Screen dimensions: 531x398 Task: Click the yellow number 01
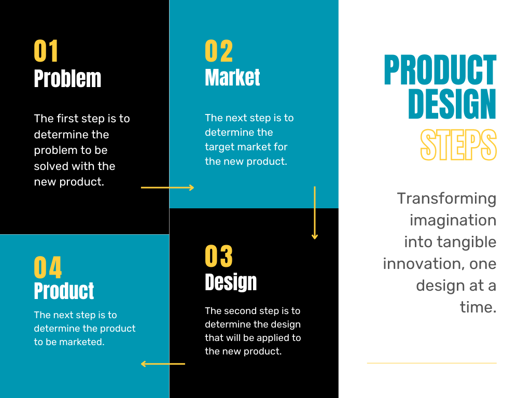pyautogui.click(x=46, y=51)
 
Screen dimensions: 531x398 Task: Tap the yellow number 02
pyautogui.click(x=219, y=51)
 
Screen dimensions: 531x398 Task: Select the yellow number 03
pyautogui.click(x=219, y=256)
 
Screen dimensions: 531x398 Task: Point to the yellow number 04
pyautogui.click(x=48, y=267)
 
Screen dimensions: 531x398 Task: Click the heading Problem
pyautogui.click(x=67, y=79)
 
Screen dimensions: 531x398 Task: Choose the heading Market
pyautogui.click(x=232, y=78)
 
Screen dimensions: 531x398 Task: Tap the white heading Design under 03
pyautogui.click(x=231, y=282)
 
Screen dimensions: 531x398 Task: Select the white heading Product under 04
pyautogui.click(x=64, y=291)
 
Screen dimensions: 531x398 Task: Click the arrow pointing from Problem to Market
pyautogui.click(x=167, y=188)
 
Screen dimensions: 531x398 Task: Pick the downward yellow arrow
pyautogui.click(x=315, y=213)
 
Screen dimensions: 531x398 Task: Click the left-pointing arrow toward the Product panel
pyautogui.click(x=163, y=364)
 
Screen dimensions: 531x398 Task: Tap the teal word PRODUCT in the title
pyautogui.click(x=440, y=70)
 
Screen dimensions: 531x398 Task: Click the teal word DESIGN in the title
pyautogui.click(x=452, y=104)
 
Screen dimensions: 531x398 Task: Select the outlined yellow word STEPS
pyautogui.click(x=458, y=145)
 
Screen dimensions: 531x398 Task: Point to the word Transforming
pyautogui.click(x=446, y=198)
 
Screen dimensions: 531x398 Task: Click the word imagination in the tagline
pyautogui.click(x=453, y=220)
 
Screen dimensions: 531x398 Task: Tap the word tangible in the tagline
pyautogui.click(x=467, y=242)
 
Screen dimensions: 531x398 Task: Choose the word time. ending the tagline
pyautogui.click(x=478, y=307)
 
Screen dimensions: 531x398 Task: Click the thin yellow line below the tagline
pyautogui.click(x=432, y=363)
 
